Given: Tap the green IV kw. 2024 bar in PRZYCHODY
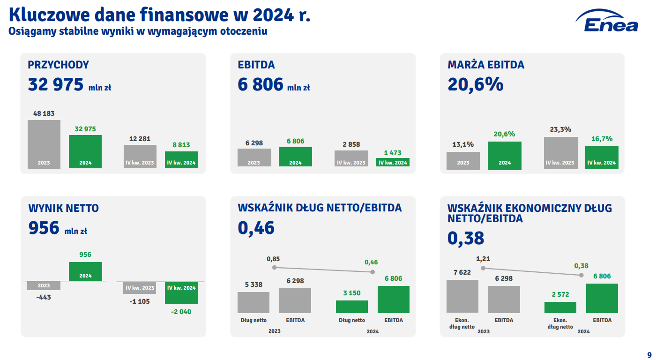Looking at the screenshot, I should pyautogui.click(x=181, y=159).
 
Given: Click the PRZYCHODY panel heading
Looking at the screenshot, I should pyautogui.click(x=59, y=65).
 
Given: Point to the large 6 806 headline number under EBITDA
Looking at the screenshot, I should pyautogui.click(x=261, y=85).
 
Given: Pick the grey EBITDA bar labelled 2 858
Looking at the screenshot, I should pyautogui.click(x=351, y=158).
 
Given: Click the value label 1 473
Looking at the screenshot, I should pyautogui.click(x=392, y=153).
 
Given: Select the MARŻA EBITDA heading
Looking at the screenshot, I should pyautogui.click(x=486, y=65).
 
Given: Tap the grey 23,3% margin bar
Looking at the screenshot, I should pyautogui.click(x=560, y=153).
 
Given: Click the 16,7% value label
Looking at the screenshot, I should pyautogui.click(x=602, y=139).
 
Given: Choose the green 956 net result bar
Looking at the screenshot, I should pyautogui.click(x=85, y=271).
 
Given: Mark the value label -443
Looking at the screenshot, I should pyautogui.click(x=44, y=297).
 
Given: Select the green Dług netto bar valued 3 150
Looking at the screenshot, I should pyautogui.click(x=351, y=307).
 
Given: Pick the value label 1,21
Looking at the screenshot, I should pyautogui.click(x=483, y=259).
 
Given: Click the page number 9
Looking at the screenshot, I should pyautogui.click(x=649, y=354).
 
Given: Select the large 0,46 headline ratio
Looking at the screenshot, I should pyautogui.click(x=256, y=228).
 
